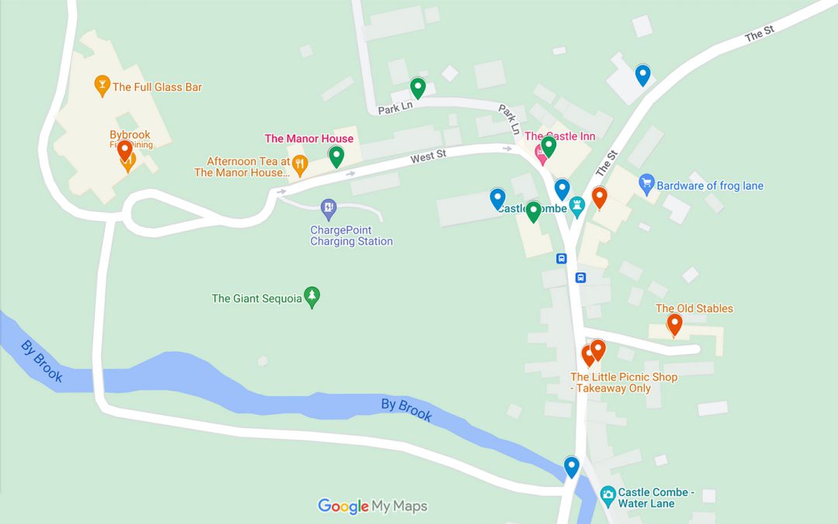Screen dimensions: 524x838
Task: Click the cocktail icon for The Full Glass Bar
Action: point(101,85)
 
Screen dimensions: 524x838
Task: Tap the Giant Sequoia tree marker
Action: point(312,297)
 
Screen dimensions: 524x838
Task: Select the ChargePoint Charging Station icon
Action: point(328,207)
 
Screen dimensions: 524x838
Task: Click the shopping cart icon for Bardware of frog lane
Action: point(646,185)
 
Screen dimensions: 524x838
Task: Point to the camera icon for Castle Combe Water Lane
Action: point(608,495)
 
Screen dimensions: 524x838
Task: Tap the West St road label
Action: point(428,157)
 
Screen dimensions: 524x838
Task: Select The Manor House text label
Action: point(309,139)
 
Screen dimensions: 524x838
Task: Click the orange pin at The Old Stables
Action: point(674,324)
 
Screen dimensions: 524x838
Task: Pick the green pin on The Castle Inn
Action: point(549,145)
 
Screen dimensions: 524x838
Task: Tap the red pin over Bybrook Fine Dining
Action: point(125,150)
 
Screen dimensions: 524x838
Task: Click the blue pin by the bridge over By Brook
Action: point(572,466)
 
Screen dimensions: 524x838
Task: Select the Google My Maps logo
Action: point(372,506)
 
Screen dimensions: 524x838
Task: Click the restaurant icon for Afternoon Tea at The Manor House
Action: point(300,164)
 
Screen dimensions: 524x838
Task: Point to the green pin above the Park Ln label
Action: point(417,88)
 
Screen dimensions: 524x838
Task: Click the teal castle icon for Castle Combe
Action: point(577,206)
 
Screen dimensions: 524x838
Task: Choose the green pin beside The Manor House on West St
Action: point(336,156)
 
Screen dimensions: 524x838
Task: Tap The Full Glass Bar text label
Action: point(158,87)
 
